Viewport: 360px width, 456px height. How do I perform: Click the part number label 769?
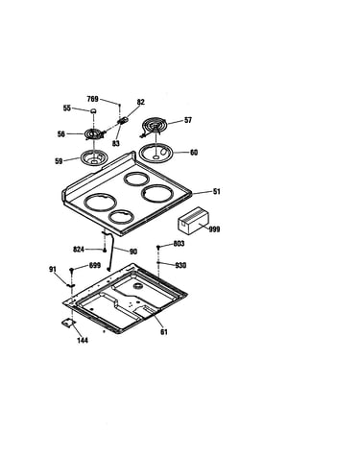92,99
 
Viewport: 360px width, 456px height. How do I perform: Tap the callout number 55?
66,108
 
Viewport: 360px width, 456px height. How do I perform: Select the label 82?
141,102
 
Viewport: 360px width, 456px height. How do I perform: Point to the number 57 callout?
188,120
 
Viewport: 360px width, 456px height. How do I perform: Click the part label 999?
214,229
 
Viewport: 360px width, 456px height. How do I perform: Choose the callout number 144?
83,341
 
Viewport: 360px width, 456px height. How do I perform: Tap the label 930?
180,265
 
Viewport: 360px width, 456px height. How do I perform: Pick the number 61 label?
164,332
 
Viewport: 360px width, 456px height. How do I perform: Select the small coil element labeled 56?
94,134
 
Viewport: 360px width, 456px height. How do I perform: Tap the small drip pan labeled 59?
94,158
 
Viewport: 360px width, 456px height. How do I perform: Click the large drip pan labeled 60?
156,153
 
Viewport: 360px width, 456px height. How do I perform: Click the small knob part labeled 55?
93,111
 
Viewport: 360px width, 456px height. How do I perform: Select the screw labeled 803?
158,248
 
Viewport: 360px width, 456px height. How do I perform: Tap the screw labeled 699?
72,270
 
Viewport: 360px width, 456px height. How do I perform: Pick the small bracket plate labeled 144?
68,324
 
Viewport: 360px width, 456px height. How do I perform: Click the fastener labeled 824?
105,250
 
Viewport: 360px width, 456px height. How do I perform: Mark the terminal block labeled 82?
123,121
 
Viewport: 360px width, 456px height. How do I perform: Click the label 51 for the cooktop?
217,192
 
